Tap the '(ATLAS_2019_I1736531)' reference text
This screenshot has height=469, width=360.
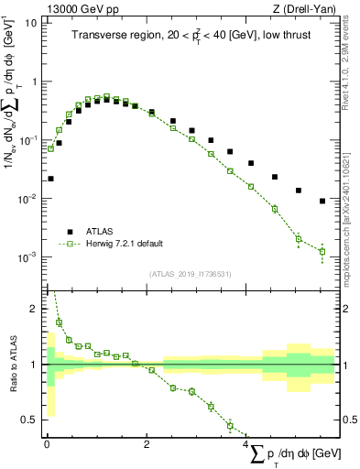[x=191, y=273]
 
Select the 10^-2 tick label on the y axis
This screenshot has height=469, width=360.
[x=27, y=199]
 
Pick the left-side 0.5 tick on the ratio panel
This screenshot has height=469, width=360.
[x=32, y=420]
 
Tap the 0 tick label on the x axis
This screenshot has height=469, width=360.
[x=47, y=443]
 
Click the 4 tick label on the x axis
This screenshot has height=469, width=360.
[x=247, y=443]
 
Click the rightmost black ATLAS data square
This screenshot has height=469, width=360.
[x=322, y=202]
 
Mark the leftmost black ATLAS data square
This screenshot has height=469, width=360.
[x=50, y=179]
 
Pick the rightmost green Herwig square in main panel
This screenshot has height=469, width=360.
[x=322, y=251]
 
